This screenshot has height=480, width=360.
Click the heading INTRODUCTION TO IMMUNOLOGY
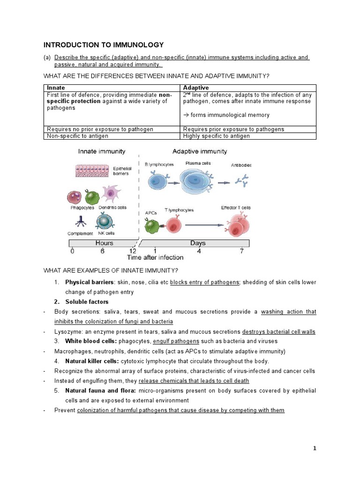tap(104, 45)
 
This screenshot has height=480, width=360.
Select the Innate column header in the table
tap(56, 88)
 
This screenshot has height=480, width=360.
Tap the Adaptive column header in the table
tap(195, 88)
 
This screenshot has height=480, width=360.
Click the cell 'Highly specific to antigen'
tap(216, 136)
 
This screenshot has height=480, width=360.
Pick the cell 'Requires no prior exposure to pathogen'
tap(100, 129)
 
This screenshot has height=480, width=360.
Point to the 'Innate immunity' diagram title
tap(102, 151)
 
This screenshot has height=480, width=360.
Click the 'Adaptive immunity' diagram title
tap(200, 151)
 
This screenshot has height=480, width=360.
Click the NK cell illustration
tap(105, 221)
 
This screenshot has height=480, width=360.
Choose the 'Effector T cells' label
tap(236, 208)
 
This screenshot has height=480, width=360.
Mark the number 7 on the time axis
tap(241, 251)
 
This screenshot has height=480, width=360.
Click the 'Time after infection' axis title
tap(155, 258)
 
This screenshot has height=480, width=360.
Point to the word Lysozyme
tap(67, 331)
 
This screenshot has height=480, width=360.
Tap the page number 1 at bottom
tap(315, 448)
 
